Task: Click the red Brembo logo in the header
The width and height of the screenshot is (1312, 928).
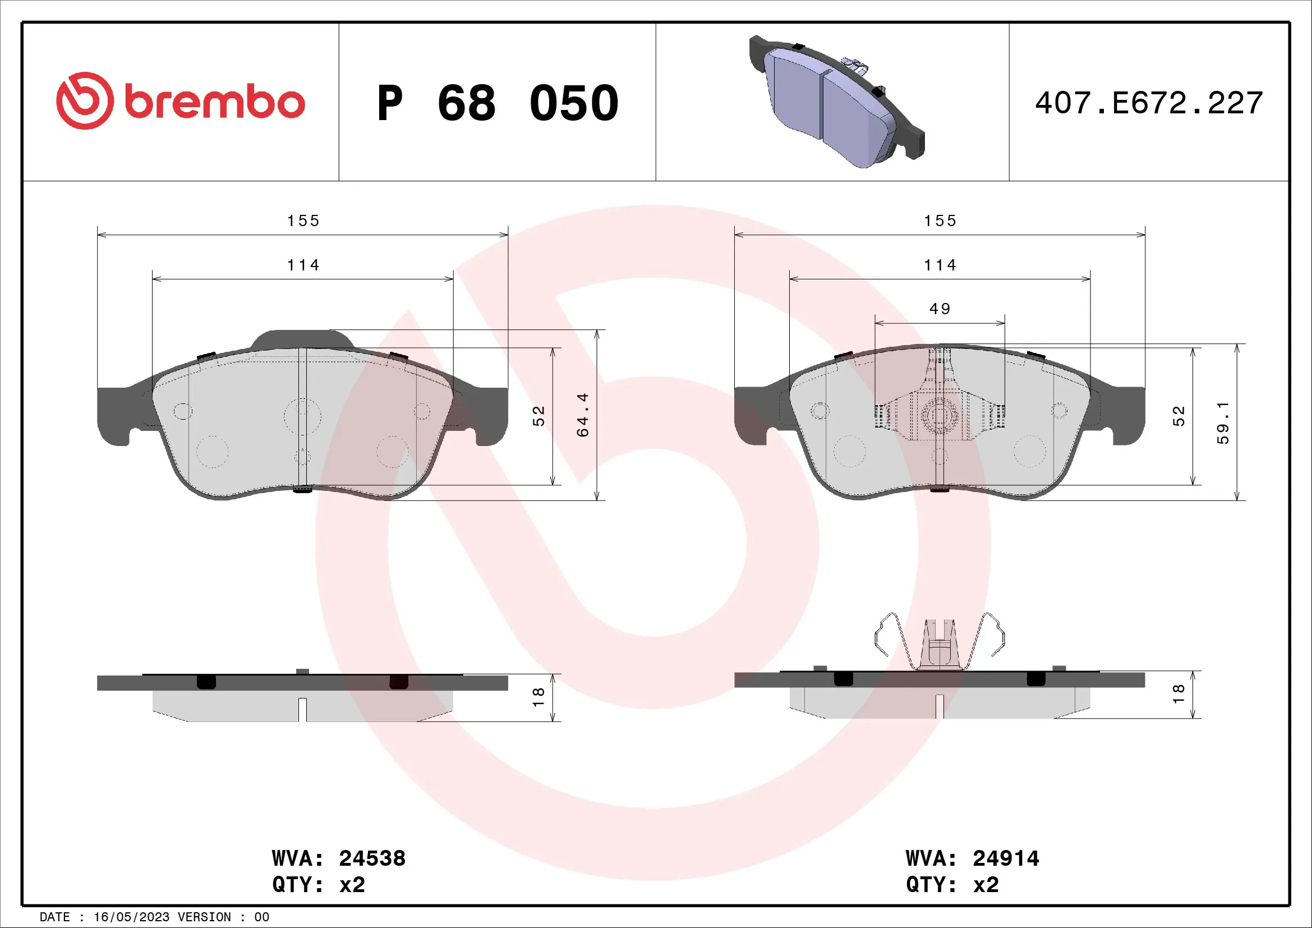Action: pos(180,102)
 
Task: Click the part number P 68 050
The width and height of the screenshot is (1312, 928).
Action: pos(497,103)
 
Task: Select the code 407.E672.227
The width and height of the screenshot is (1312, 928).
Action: pos(1149,103)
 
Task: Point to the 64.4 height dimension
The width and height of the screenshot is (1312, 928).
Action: pos(582,415)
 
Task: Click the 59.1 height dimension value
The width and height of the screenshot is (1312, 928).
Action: pos(1222,423)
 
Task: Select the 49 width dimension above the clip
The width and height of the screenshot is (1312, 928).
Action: pos(940,309)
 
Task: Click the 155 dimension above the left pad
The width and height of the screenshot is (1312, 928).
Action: pos(303,221)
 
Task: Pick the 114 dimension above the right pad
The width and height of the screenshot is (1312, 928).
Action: pos(940,266)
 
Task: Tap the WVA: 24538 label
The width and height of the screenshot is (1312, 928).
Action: pos(338,858)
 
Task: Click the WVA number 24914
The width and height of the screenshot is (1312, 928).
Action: pos(1006,858)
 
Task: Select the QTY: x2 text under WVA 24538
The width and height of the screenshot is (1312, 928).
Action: pos(318,885)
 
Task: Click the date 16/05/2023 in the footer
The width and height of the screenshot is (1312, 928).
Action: pos(131,917)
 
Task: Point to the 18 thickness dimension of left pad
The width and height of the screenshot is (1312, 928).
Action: pos(538,697)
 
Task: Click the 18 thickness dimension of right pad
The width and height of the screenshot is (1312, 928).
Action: pos(1179,693)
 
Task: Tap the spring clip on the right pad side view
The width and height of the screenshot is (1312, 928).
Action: pos(940,643)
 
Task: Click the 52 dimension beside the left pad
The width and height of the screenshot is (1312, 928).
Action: pos(538,416)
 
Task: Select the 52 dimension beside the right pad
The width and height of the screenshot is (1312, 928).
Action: pos(1179,416)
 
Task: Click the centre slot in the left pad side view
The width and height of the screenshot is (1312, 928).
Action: pos(302,709)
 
